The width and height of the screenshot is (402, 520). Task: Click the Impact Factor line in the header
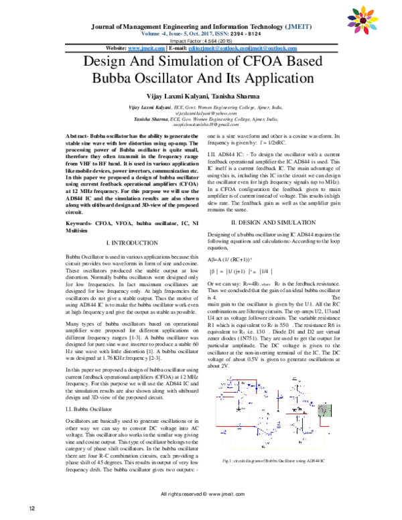click(x=201, y=41)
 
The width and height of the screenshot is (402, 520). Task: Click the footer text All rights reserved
click(x=200, y=494)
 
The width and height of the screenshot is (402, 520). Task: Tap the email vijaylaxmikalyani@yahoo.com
click(x=201, y=114)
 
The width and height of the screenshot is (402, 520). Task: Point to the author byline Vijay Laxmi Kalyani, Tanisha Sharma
click(x=201, y=98)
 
